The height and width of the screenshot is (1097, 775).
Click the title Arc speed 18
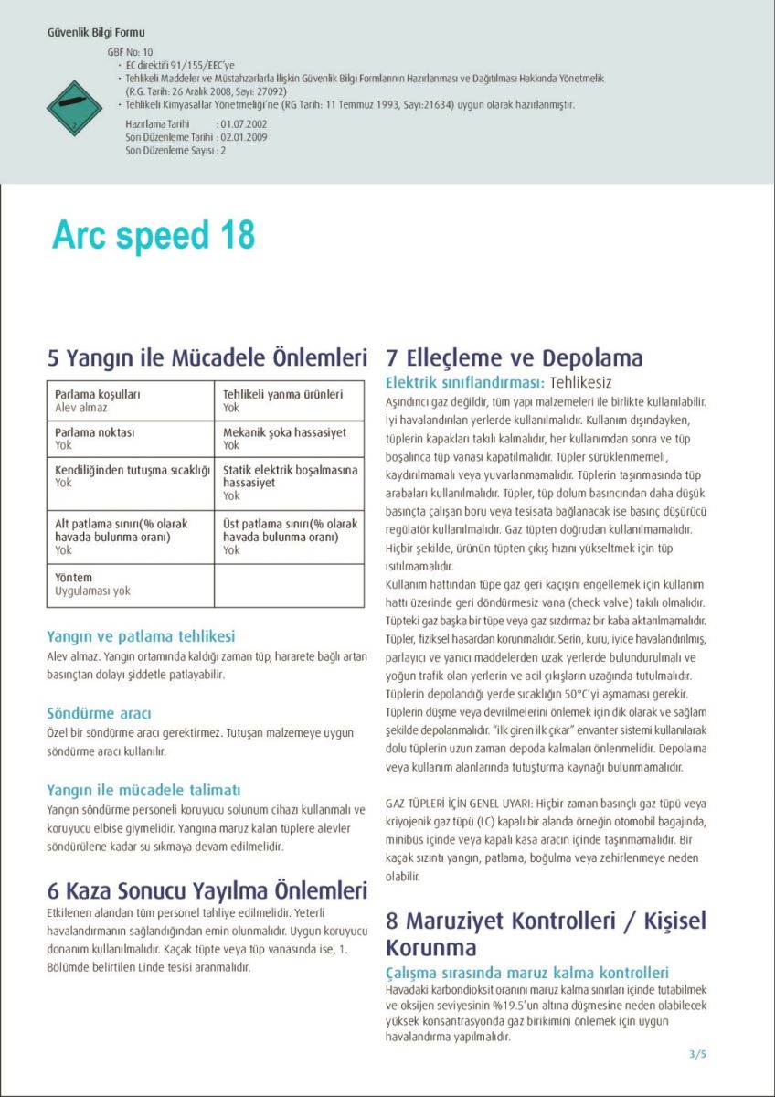[x=154, y=235]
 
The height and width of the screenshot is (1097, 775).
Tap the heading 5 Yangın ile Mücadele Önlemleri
[x=207, y=357]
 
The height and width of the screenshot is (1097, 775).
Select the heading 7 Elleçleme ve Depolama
[x=515, y=357]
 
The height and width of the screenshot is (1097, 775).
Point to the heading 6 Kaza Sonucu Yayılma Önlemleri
[x=207, y=890]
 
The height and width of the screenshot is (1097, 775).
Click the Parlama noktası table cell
[x=130, y=439]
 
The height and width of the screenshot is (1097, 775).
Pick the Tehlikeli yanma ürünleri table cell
[x=289, y=400]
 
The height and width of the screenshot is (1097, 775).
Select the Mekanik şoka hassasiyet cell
[x=289, y=439]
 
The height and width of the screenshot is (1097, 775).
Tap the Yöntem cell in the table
[x=130, y=585]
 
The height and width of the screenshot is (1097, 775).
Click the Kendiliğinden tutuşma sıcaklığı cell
[x=130, y=476]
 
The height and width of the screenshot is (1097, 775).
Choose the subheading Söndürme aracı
[x=99, y=713]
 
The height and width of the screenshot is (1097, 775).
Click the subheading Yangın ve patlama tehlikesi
[x=141, y=636]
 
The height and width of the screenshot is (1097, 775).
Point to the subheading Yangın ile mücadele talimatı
[x=143, y=789]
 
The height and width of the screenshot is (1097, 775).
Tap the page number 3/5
[x=697, y=1054]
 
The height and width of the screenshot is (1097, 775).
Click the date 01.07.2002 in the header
[x=243, y=122]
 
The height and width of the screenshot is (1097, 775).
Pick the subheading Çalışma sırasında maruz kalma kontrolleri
[x=527, y=973]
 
